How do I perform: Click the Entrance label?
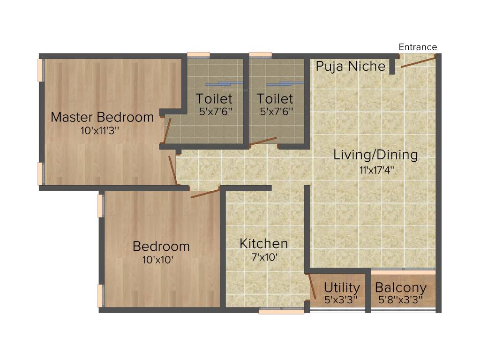click(418, 47)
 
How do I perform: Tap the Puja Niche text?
click(350, 66)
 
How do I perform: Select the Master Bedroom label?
click(102, 117)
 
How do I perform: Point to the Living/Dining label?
click(375, 155)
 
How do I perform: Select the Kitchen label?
click(263, 244)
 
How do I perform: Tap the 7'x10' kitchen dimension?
click(264, 257)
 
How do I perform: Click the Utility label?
click(342, 287)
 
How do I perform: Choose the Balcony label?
click(401, 287)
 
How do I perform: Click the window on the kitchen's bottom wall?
click(281, 310)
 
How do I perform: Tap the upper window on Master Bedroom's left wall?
click(41, 70)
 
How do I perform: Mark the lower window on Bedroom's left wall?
click(100, 295)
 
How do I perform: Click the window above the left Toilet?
click(198, 55)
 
